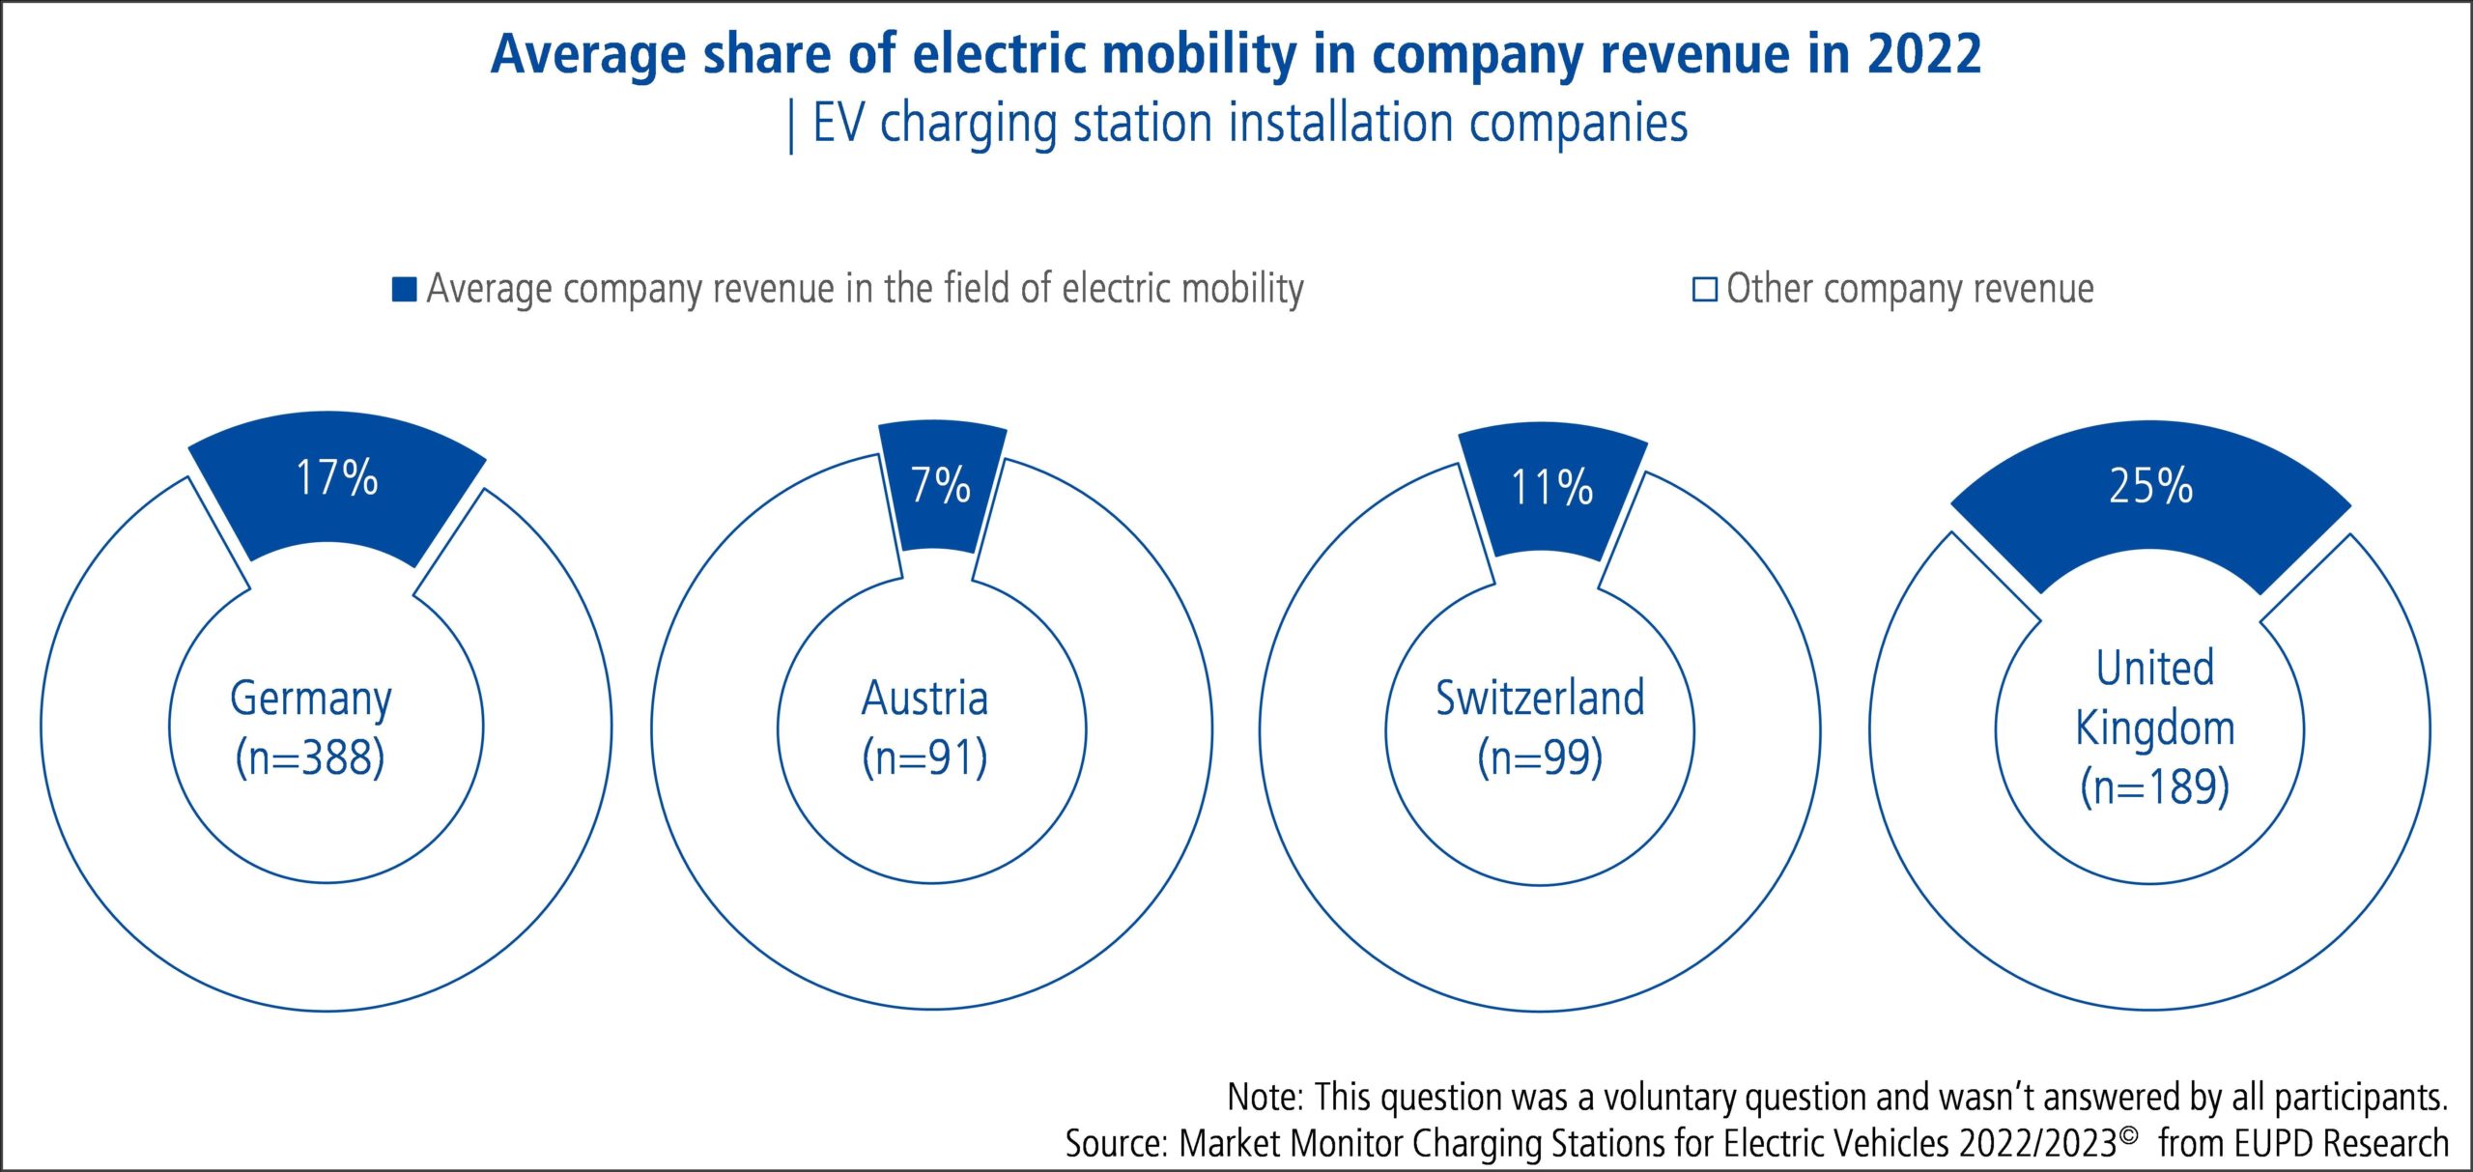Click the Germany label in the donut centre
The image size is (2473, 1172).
(x=311, y=699)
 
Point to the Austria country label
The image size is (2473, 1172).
(x=924, y=699)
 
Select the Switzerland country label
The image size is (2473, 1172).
(x=1540, y=699)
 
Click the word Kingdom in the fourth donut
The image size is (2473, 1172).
(x=2155, y=729)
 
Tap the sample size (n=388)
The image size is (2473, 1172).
(x=310, y=758)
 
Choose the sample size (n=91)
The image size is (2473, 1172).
(x=924, y=758)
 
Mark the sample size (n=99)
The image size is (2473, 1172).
(x=1540, y=758)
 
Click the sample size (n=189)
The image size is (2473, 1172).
(x=2155, y=787)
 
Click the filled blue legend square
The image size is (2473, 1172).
(x=404, y=289)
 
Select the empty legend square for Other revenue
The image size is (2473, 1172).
(x=1704, y=290)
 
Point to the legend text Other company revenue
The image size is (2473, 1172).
(x=1910, y=289)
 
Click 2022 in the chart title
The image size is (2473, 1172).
(x=1923, y=54)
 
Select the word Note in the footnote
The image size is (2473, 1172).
(x=1265, y=1098)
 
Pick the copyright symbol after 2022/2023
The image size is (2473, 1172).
(x=2127, y=1132)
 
